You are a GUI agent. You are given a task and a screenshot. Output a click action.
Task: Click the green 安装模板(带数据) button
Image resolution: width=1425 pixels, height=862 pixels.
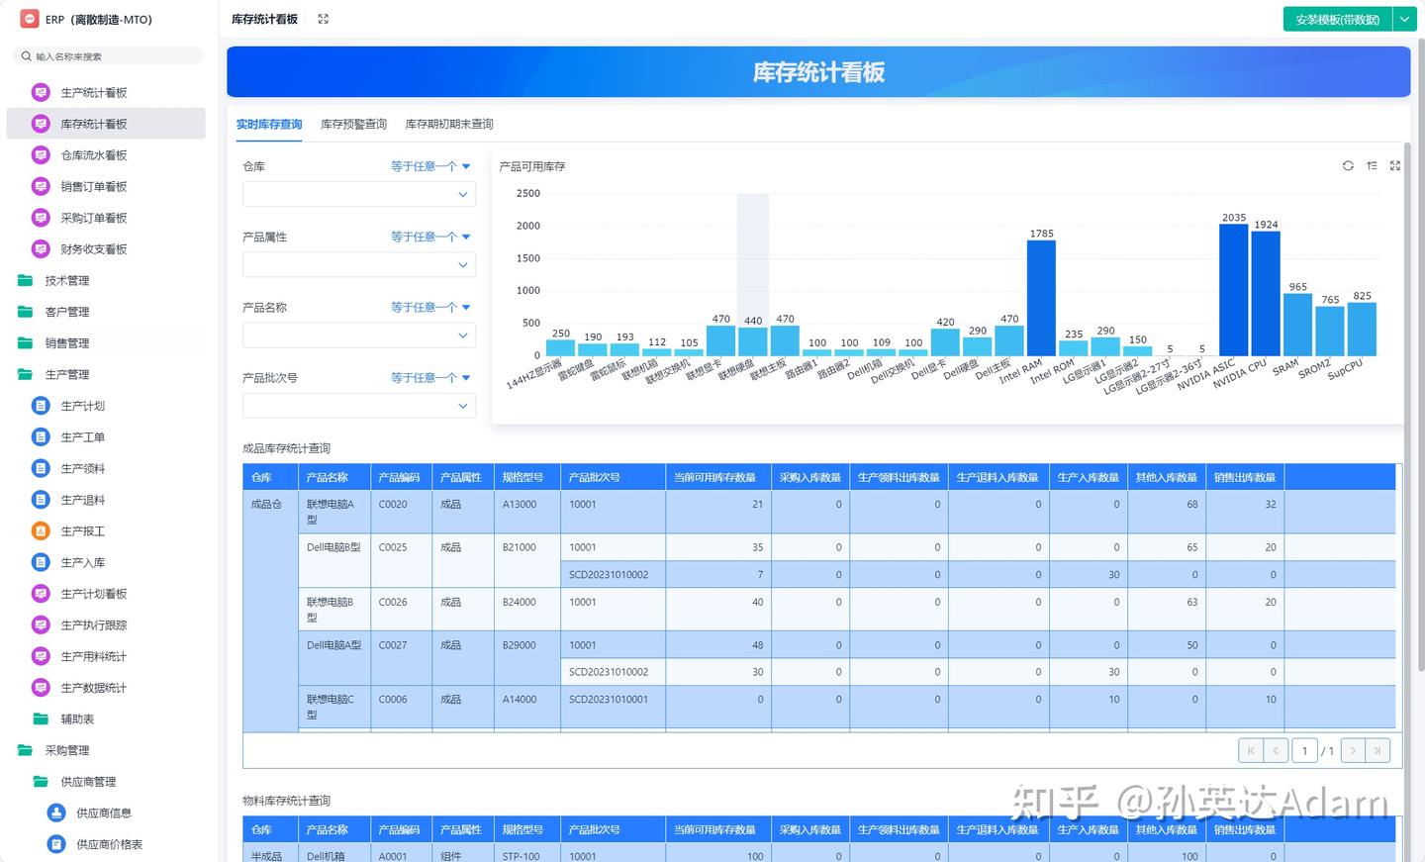click(1337, 20)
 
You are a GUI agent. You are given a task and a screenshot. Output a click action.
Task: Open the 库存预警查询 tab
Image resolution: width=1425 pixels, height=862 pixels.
click(353, 125)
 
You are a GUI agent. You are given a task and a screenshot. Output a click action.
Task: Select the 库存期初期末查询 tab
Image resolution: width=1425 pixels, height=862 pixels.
click(449, 125)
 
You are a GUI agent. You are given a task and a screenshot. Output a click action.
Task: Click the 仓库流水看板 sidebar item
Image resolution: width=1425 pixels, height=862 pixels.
click(94, 155)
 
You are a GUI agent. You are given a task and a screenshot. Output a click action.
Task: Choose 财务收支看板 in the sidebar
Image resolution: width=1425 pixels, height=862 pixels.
click(94, 249)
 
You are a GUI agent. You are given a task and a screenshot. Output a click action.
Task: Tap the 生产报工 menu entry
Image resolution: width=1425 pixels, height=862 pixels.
click(82, 531)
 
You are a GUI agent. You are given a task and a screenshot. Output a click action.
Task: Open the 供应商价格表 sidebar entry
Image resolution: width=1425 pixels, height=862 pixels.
click(109, 844)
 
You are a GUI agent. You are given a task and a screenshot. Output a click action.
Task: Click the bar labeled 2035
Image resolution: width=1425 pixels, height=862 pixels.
click(1233, 290)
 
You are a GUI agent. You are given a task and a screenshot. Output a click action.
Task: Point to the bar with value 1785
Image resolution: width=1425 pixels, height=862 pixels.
click(1041, 298)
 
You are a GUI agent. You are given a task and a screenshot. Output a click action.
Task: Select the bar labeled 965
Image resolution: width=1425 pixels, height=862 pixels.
click(1297, 325)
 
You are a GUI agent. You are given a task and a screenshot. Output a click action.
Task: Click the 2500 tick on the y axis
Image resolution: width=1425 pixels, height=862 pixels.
click(528, 194)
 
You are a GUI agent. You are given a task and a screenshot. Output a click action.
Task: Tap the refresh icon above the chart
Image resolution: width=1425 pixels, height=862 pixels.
click(1348, 166)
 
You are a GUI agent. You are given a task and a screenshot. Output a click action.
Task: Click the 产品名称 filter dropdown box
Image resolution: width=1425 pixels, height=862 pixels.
click(358, 335)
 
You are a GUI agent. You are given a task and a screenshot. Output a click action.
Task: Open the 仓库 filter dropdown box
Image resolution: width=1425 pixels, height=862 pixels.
click(358, 195)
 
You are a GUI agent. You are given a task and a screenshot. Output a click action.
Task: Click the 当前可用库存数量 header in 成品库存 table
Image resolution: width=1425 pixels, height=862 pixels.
click(714, 478)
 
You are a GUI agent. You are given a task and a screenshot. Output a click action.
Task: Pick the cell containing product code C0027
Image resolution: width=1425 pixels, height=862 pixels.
click(393, 645)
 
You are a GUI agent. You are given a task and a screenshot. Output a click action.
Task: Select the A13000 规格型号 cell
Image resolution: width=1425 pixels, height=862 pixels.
click(520, 505)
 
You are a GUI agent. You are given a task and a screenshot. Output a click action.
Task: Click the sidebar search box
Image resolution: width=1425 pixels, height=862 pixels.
click(109, 56)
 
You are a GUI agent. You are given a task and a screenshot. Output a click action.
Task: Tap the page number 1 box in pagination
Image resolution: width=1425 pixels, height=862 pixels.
click(1304, 751)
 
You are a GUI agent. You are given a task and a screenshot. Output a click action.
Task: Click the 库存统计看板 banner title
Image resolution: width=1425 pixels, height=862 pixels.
click(818, 72)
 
